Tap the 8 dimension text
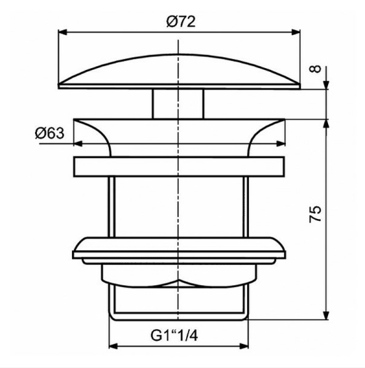[315, 69]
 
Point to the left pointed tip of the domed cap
[59, 85]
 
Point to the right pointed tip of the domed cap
[300, 85]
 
